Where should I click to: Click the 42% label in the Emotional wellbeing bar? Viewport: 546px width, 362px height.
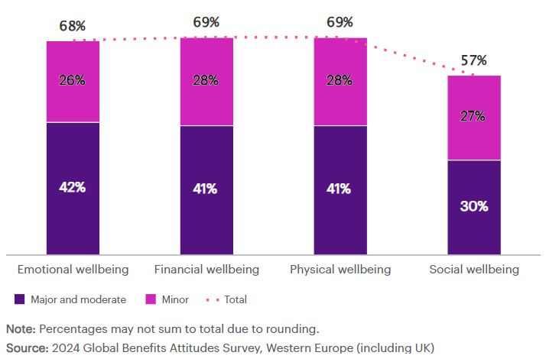(73, 188)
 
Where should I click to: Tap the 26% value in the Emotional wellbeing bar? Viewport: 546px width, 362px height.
(73, 80)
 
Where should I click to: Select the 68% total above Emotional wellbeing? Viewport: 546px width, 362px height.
(73, 27)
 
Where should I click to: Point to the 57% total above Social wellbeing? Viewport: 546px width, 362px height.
(474, 61)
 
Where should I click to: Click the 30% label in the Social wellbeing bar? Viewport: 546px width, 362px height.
(474, 206)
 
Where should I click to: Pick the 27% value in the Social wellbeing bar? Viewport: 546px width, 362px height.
(474, 116)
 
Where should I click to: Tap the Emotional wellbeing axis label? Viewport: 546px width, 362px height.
(73, 270)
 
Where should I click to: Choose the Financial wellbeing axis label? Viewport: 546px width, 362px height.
(206, 270)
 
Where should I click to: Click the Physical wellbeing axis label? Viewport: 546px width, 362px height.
(340, 270)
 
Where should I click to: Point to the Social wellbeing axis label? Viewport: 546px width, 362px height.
(474, 270)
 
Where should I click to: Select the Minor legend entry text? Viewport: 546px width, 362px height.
(175, 300)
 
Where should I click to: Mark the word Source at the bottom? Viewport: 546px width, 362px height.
(26, 348)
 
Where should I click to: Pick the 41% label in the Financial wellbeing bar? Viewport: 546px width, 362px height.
(206, 188)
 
